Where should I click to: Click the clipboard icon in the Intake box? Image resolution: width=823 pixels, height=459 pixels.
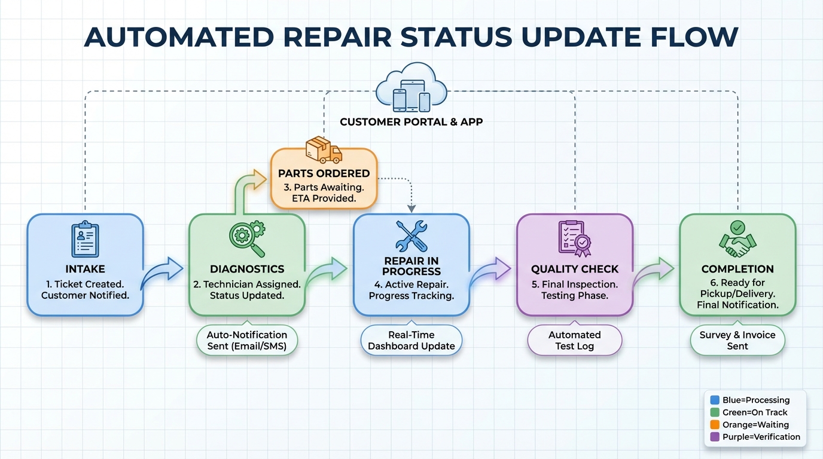85,240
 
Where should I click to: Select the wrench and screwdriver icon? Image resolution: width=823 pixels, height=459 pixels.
411,236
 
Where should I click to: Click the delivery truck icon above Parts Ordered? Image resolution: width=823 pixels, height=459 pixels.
324,150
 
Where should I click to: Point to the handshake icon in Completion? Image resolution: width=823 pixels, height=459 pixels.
737,239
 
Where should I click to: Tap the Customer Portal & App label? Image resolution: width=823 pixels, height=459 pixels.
411,122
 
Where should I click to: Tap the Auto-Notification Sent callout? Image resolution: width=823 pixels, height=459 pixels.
247,340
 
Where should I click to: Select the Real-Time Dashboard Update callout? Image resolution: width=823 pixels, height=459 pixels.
411,340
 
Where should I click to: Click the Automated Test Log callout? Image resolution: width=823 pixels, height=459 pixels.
574,340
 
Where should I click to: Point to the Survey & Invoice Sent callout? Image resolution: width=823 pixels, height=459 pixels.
737,340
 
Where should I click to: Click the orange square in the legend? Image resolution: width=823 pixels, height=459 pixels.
714,425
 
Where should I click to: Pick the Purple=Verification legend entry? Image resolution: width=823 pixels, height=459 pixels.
755,437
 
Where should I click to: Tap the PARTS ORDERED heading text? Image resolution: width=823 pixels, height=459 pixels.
324,173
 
